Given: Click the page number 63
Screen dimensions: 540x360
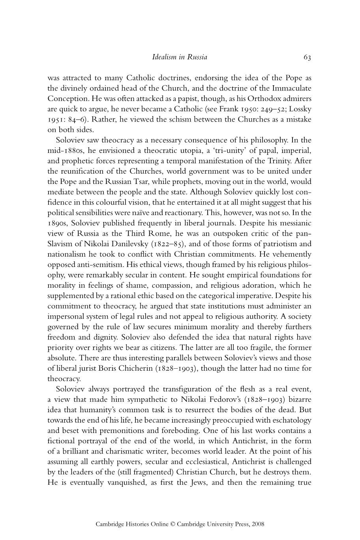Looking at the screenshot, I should (x=307, y=57).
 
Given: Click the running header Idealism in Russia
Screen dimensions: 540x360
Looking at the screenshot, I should (x=180, y=57).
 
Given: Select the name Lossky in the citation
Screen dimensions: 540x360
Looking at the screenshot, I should (x=300, y=109).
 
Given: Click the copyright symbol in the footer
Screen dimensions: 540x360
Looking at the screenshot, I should (x=172, y=525).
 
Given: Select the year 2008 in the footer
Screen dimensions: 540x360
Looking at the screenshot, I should (x=257, y=525).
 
